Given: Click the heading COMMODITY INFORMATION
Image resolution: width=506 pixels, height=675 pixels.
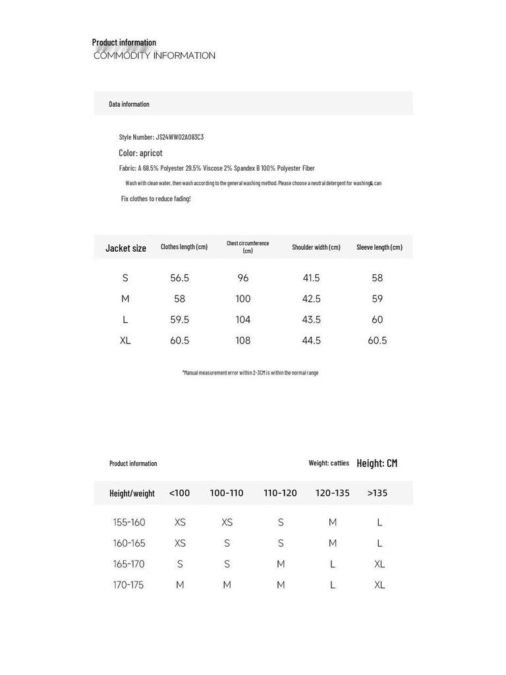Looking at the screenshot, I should (154, 56).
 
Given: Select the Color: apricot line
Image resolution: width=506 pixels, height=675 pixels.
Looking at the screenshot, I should (140, 153).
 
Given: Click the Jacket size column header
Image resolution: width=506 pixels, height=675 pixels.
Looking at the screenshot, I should (126, 248).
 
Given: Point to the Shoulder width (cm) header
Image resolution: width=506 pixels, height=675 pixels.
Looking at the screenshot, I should (316, 247).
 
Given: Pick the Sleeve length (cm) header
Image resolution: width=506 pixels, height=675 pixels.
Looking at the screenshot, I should (379, 247).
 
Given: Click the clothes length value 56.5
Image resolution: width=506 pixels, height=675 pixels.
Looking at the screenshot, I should (180, 278).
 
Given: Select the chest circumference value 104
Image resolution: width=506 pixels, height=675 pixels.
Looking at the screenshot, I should (243, 320).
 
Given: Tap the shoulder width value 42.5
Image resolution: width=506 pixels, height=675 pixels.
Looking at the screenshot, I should (312, 299).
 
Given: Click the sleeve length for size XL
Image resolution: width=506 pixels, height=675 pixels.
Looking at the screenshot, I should (378, 341).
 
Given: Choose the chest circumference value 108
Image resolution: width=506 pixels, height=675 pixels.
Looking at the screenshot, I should (243, 341).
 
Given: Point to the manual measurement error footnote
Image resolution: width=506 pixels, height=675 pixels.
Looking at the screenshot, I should (250, 373).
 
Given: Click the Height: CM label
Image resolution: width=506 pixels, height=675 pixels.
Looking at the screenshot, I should (377, 463).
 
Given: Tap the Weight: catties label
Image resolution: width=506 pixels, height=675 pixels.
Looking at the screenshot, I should (329, 463).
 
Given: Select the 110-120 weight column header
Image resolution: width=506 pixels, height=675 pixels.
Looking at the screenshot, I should (280, 493).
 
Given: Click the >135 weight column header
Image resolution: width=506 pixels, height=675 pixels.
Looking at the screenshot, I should (378, 493).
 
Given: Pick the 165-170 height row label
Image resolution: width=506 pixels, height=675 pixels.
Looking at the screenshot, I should (128, 564).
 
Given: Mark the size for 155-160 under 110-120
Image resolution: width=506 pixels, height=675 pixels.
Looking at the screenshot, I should (281, 523).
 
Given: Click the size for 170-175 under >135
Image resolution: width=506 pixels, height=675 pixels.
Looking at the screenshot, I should (379, 585).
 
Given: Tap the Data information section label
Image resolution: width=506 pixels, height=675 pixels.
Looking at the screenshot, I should (129, 104).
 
